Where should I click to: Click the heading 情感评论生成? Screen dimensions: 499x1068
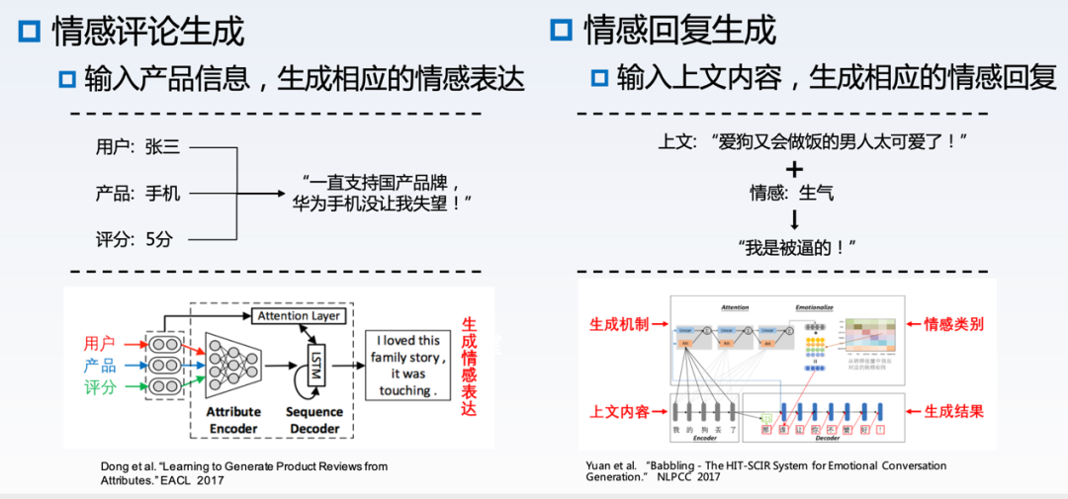[147, 31]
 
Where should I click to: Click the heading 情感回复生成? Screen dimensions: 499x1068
[679, 31]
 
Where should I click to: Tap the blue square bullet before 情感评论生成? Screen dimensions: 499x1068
[30, 32]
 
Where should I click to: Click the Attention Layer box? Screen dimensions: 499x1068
[298, 316]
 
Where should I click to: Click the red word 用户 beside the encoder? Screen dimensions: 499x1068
[100, 344]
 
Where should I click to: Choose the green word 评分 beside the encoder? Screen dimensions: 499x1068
[100, 387]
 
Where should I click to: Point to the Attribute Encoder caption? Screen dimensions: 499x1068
[233, 420]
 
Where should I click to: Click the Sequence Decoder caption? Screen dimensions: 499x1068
[313, 420]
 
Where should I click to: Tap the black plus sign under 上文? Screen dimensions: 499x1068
[794, 169]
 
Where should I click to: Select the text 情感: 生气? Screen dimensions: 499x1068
[791, 193]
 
